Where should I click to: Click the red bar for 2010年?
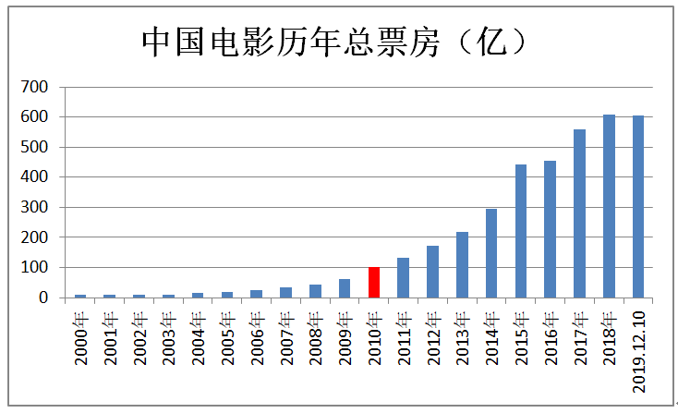(x=374, y=283)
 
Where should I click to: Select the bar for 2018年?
(x=609, y=206)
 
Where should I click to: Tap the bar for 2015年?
(x=521, y=231)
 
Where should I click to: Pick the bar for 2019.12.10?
(x=638, y=206)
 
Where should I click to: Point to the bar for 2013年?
(x=462, y=264)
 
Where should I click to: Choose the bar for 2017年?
(x=579, y=213)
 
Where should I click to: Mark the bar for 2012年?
(x=433, y=272)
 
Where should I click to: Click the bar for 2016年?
(x=550, y=229)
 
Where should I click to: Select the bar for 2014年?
(x=491, y=253)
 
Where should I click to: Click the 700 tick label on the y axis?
(x=34, y=87)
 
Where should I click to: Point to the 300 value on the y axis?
(x=34, y=207)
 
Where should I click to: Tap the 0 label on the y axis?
(x=43, y=298)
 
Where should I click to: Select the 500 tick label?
(x=34, y=147)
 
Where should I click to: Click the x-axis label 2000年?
(x=81, y=338)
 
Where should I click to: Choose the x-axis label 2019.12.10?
(x=638, y=352)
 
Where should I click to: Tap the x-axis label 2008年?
(x=316, y=338)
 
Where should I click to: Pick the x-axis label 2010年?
(x=374, y=338)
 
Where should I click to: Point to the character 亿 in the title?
(x=491, y=43)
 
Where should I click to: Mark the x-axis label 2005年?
(x=228, y=338)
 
